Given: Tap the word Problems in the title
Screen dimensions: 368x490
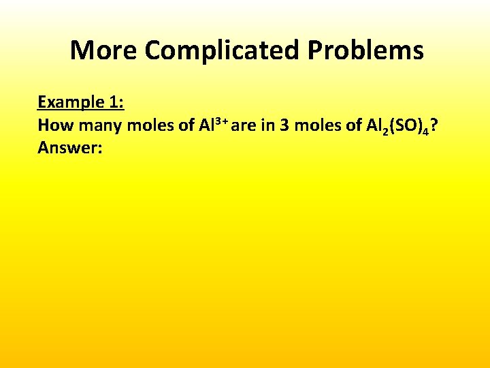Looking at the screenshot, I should tap(365, 50).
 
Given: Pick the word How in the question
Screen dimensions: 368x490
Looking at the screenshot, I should tap(53, 125).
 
